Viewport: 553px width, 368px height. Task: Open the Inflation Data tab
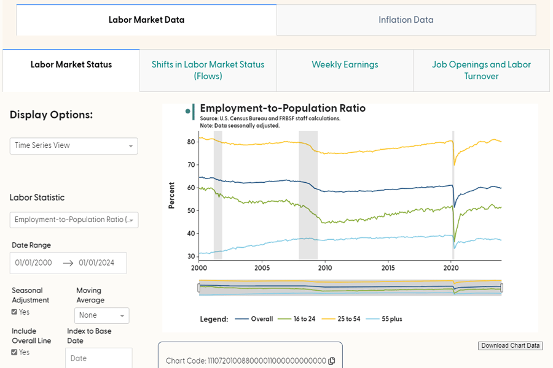tap(406, 20)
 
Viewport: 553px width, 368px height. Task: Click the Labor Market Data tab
tap(146, 20)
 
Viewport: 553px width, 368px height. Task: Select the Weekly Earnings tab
tap(345, 64)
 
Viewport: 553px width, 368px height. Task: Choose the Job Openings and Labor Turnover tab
tap(481, 70)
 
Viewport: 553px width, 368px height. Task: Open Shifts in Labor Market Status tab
tap(208, 70)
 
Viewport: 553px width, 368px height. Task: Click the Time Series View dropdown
tap(74, 145)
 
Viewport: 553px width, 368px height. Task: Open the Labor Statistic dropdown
tap(74, 220)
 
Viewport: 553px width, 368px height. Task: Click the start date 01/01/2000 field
tap(34, 263)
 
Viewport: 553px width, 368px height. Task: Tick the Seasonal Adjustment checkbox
tap(15, 312)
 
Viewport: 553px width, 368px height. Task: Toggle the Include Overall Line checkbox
tap(15, 352)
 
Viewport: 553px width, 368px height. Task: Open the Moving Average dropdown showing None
tap(101, 315)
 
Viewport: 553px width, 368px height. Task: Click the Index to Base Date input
tap(98, 358)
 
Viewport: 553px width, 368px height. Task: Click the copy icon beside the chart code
tap(332, 361)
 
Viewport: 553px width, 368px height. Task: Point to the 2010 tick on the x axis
tap(325, 268)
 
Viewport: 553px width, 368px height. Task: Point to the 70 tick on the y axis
tap(191, 164)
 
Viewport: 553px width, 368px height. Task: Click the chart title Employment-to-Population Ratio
tap(283, 109)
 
